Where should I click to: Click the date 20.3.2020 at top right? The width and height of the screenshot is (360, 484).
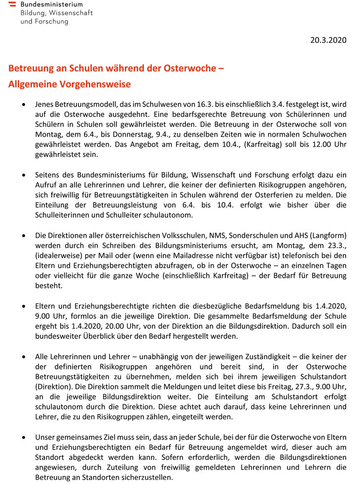(x=328, y=40)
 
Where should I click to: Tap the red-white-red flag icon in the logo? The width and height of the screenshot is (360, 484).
(x=12, y=4)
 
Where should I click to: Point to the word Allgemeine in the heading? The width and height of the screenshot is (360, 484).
(x=32, y=84)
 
